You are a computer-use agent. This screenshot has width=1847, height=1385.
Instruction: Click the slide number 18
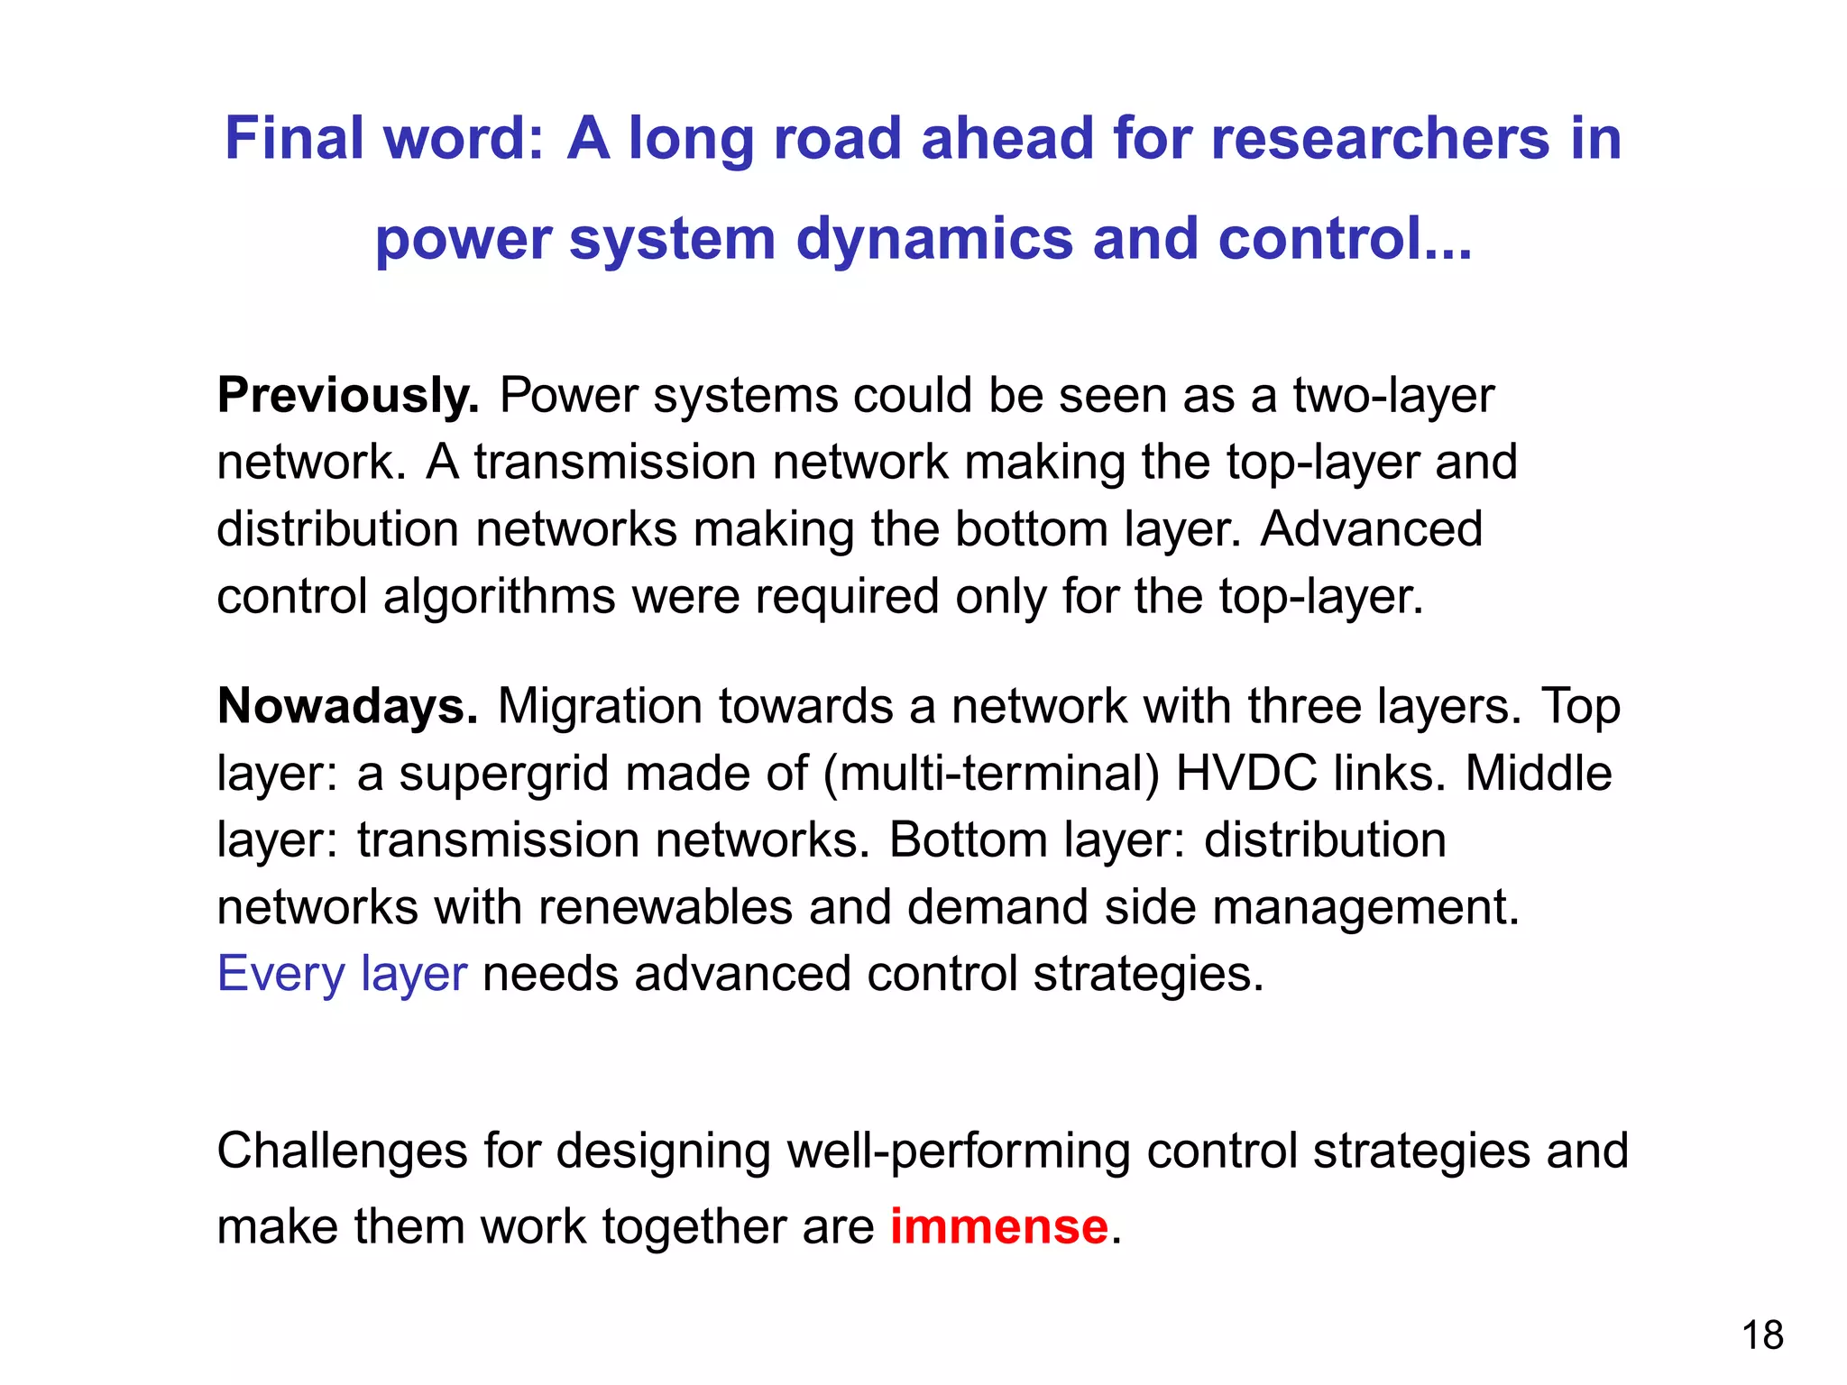tap(1761, 1335)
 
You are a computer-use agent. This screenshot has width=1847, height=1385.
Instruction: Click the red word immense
tap(998, 1227)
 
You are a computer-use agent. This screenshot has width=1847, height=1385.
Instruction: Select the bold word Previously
tap(348, 396)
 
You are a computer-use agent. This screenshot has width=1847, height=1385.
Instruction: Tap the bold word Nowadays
tap(348, 706)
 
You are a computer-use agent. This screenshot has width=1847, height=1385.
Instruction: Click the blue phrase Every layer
tap(342, 974)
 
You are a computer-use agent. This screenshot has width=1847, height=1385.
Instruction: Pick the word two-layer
tap(1393, 396)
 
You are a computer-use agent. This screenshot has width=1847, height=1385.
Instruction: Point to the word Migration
tap(600, 706)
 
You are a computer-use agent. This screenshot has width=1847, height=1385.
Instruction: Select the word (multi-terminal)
tap(991, 774)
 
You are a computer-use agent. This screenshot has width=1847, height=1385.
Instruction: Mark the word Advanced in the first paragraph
tap(1371, 529)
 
